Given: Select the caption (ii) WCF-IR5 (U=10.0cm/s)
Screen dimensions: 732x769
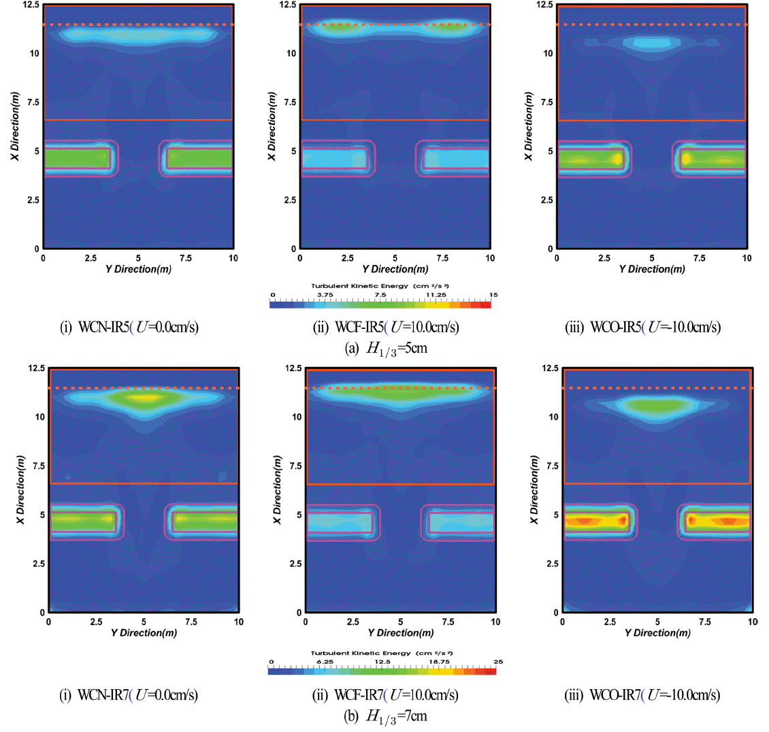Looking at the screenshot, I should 386,328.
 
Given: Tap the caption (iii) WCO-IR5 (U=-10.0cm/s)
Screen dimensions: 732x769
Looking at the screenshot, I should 642,328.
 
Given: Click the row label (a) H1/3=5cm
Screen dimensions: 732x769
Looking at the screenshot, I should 386,349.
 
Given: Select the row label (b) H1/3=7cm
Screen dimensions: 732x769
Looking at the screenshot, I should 386,716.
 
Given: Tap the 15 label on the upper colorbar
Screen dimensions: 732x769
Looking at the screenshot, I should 493,295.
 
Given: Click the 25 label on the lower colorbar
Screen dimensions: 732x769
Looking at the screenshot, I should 498,662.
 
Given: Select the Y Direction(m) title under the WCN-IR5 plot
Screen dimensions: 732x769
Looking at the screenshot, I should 138,269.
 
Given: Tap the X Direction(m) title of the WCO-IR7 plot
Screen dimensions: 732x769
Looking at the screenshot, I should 534,490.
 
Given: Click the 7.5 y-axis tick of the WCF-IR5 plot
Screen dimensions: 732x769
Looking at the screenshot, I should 290,102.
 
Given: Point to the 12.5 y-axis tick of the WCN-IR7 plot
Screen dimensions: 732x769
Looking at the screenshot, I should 35,368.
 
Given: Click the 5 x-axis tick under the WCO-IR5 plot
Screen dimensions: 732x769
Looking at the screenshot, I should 651,259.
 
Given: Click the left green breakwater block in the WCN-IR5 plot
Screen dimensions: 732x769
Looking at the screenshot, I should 77,159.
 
